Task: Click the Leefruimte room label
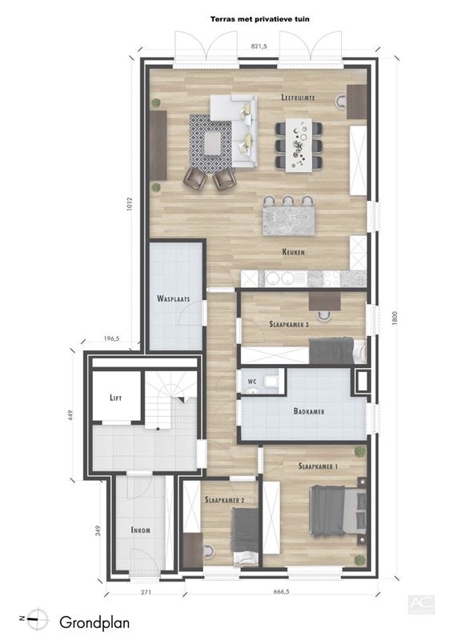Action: click(299, 98)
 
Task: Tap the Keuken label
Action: click(293, 252)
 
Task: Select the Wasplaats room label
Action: click(174, 298)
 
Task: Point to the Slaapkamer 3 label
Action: click(289, 325)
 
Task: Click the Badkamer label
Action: click(309, 411)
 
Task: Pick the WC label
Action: click(252, 382)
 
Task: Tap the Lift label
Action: click(115, 398)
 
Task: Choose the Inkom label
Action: click(141, 530)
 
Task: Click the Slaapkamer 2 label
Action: click(225, 500)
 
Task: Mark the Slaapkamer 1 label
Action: click(318, 466)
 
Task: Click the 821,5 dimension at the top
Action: click(259, 46)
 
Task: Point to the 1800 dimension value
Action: click(395, 318)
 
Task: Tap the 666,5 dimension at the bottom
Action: click(281, 592)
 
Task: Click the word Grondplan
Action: click(94, 623)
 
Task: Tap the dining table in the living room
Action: click(299, 146)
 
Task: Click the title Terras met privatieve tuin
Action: click(260, 18)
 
